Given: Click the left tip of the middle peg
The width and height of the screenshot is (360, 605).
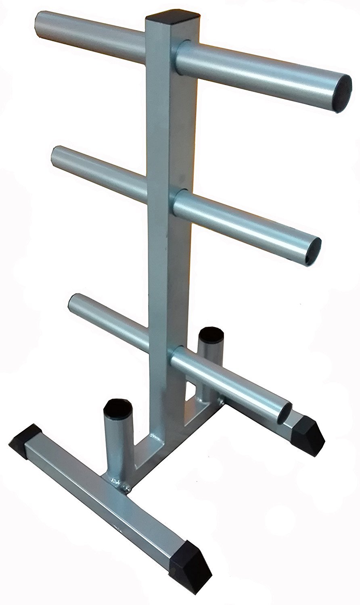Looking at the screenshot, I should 57,153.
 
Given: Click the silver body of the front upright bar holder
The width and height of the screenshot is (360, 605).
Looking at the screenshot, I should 119,444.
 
